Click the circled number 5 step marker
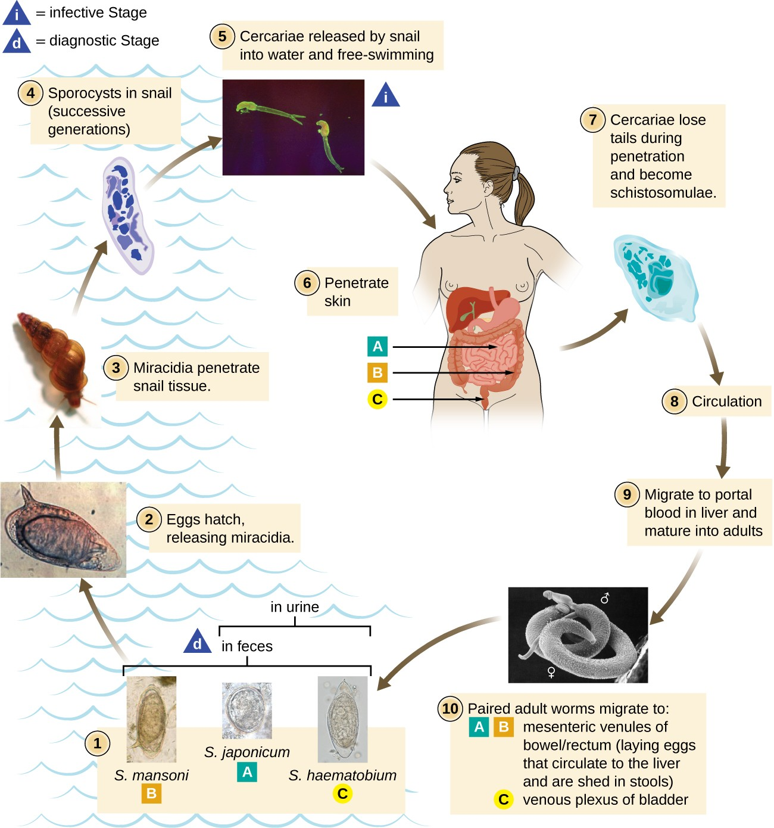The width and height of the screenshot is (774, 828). (x=221, y=36)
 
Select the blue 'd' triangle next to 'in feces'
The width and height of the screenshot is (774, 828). (x=198, y=642)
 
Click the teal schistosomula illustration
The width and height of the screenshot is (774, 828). (x=655, y=277)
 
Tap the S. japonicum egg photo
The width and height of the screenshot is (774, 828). (x=246, y=711)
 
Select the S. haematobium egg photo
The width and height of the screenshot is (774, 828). (x=342, y=719)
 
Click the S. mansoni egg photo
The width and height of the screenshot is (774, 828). (x=151, y=719)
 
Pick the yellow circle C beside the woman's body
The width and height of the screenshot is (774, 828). (x=377, y=399)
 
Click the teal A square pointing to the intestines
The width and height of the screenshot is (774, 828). (x=377, y=346)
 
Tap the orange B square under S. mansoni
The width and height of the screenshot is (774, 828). (x=151, y=793)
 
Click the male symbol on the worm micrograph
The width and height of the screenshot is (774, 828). (x=605, y=597)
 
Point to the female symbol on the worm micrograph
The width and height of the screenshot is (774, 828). (x=551, y=673)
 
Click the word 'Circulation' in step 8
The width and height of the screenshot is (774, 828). (x=726, y=401)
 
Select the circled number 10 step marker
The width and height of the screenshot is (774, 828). (x=450, y=708)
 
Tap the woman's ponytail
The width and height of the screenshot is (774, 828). (x=527, y=194)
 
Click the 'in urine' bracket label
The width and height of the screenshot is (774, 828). (x=295, y=607)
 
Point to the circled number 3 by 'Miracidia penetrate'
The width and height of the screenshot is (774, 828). (x=116, y=368)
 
